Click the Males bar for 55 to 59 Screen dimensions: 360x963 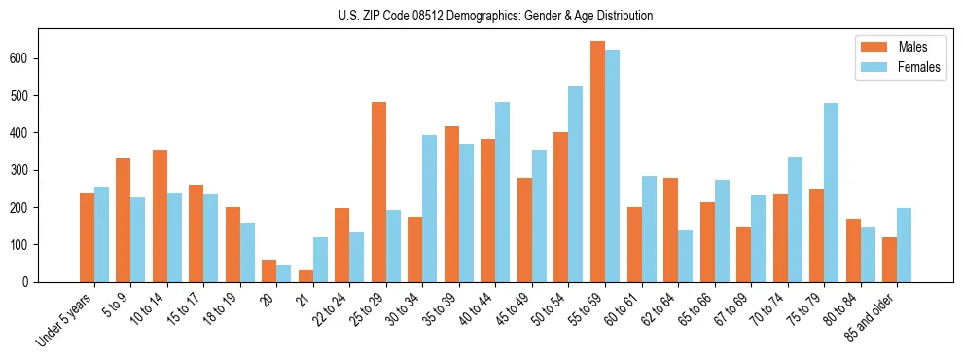[597, 162]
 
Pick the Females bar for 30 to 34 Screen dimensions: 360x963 [430, 208]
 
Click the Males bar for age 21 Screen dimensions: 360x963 [305, 275]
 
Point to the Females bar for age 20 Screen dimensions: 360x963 [284, 273]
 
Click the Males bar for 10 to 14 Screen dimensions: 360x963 [160, 216]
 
